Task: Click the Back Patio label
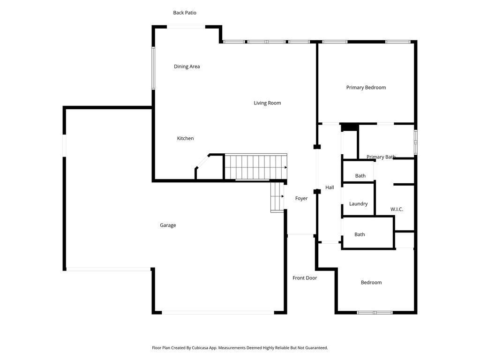pos(185,13)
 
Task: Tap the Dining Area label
pos(187,67)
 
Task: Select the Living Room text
pos(267,103)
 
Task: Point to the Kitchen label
pos(185,138)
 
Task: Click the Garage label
pos(168,225)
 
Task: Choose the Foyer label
pos(301,199)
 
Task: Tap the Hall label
pos(330,187)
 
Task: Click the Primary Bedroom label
pos(366,88)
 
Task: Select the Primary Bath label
pos(381,157)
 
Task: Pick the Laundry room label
pos(358,204)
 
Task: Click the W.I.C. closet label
pos(397,209)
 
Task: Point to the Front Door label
pos(305,278)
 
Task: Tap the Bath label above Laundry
pos(360,176)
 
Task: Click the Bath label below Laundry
pos(360,234)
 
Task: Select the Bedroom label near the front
pos(371,283)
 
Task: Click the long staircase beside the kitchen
pos(255,167)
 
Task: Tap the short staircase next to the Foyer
pos(277,197)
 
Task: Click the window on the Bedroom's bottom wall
pos(375,312)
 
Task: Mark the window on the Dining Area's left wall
pos(153,68)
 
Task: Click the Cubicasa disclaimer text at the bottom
pos(240,348)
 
